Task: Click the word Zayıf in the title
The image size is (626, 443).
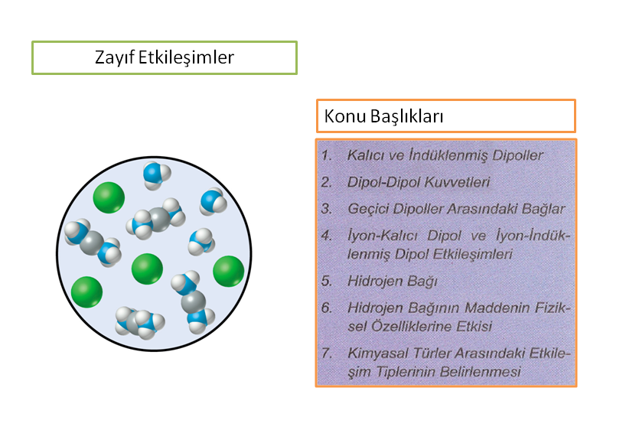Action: pos(115,58)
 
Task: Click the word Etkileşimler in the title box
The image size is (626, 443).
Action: pos(186,57)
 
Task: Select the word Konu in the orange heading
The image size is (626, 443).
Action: pos(345,116)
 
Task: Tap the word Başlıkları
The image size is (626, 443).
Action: pos(407,116)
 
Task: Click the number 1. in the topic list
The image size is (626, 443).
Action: pos(327,155)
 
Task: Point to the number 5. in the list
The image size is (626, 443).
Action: pos(327,281)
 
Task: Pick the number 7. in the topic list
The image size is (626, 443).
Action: pos(327,353)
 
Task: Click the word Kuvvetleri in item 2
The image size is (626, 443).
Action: pos(457,182)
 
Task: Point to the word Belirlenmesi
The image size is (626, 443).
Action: pos(481,372)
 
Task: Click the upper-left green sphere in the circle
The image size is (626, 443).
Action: pos(109,197)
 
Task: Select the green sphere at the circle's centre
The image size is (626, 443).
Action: pos(147,269)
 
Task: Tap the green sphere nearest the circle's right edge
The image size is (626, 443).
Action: pos(228,272)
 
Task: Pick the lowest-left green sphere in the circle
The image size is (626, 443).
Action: pos(86,292)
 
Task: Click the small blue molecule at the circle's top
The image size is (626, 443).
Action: pos(156,176)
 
